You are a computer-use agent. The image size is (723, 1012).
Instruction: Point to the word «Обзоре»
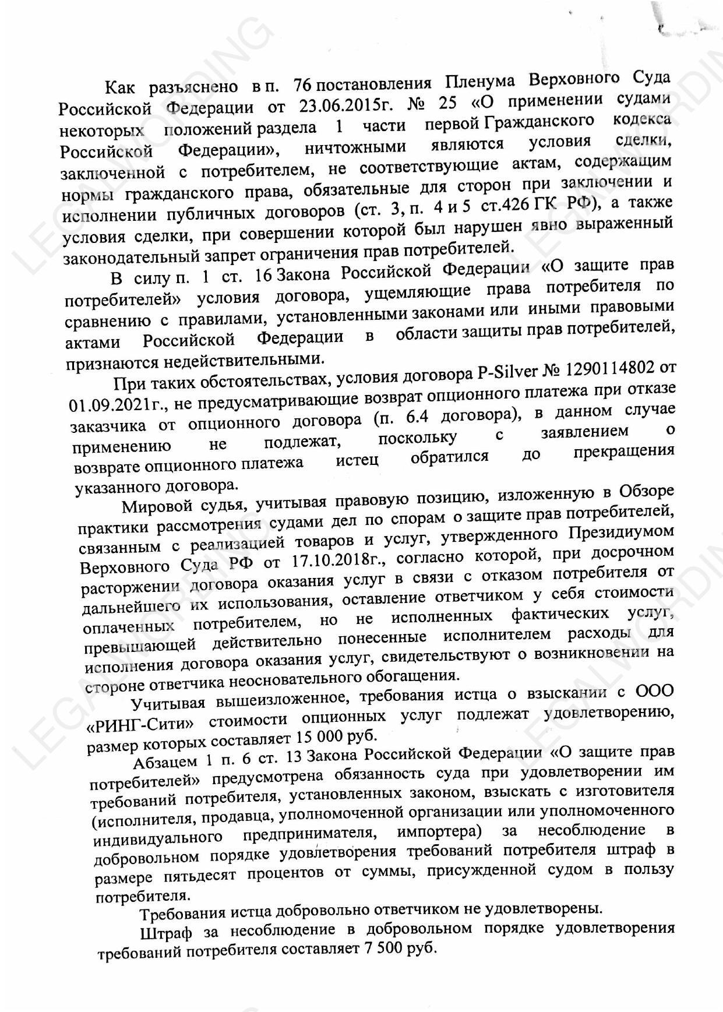[x=646, y=491]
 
